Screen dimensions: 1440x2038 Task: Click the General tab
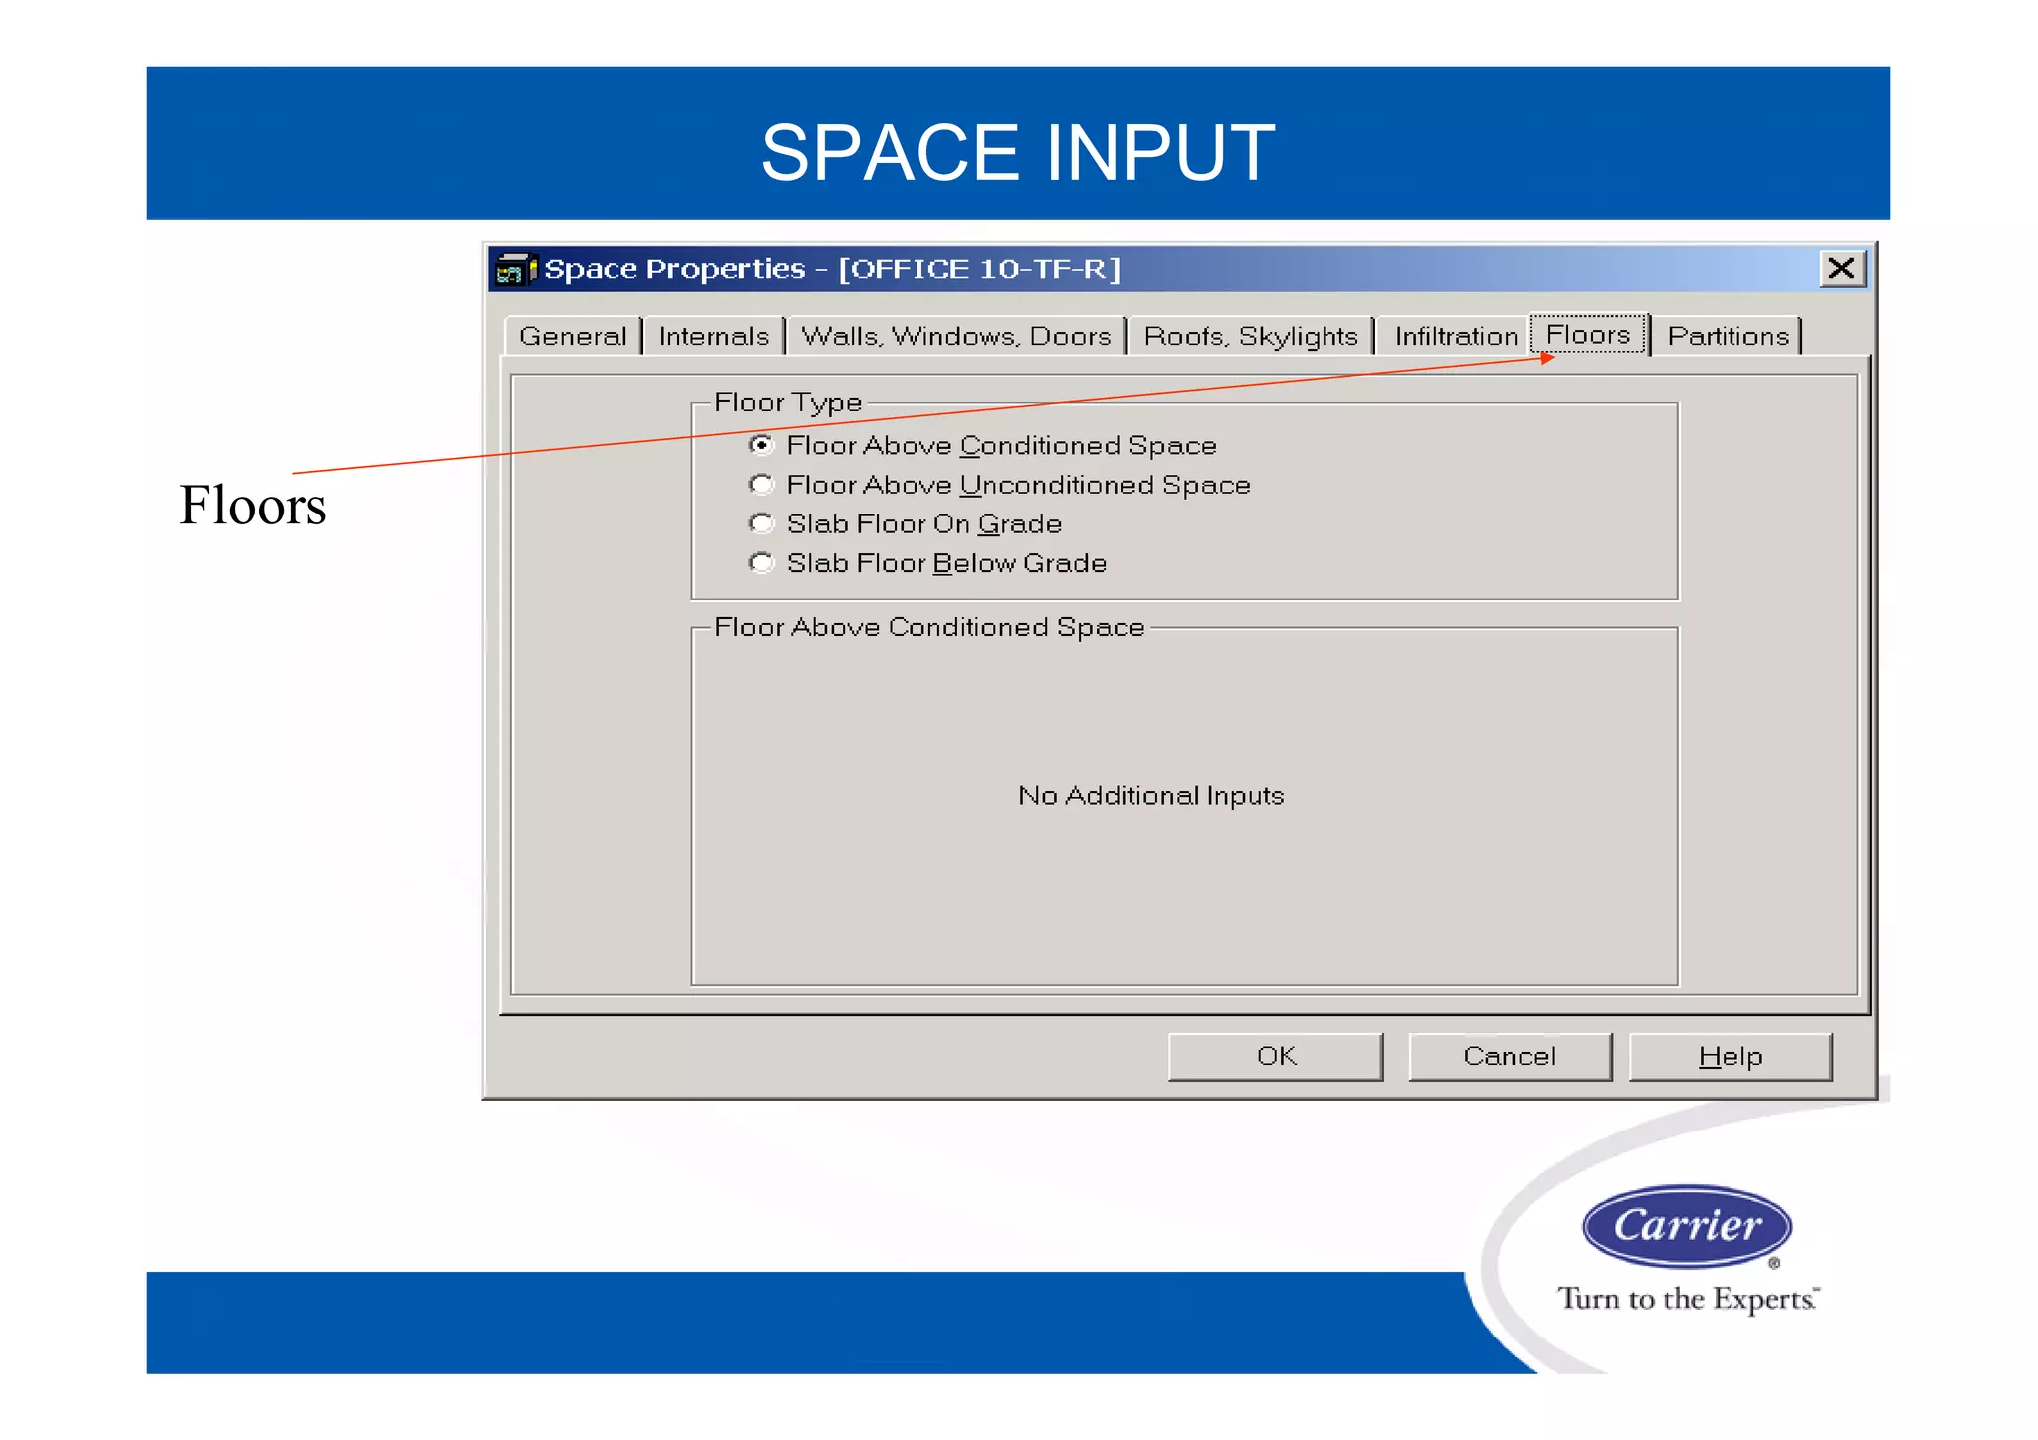point(572,336)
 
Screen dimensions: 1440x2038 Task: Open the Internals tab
point(713,336)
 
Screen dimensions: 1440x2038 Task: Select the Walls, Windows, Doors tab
point(955,336)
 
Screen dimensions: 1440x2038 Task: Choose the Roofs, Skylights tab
point(1251,336)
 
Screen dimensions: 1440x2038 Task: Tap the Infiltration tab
point(1455,336)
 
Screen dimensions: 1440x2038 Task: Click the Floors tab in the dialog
point(1588,334)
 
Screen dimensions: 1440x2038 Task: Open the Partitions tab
point(1728,336)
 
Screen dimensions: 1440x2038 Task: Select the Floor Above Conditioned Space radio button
point(761,445)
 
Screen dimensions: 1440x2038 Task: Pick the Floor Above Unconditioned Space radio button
point(761,485)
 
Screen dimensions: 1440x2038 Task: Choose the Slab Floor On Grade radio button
point(761,523)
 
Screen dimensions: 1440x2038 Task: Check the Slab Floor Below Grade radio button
point(761,563)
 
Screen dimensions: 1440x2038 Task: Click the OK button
point(1276,1056)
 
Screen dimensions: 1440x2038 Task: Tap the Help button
point(1730,1056)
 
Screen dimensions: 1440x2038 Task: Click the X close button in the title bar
point(1841,268)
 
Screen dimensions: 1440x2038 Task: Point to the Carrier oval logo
point(1687,1226)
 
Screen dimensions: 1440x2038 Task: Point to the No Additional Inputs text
point(1150,795)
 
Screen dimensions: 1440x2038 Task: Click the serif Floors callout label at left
point(253,505)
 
